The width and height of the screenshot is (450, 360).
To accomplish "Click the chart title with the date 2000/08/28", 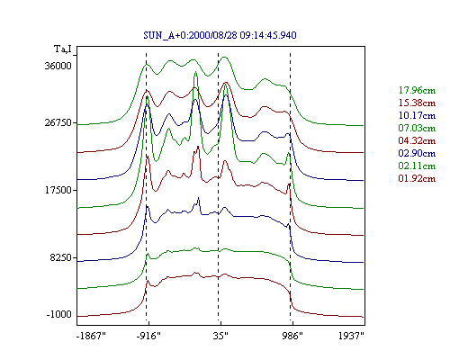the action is [x=220, y=35].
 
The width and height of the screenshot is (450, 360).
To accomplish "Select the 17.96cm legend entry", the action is [x=417, y=90].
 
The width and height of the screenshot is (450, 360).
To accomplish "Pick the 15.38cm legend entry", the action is [x=417, y=103].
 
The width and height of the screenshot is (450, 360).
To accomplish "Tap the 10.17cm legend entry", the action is [x=417, y=115].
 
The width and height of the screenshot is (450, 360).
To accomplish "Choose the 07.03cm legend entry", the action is [x=417, y=128].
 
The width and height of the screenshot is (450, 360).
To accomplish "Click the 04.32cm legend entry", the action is [x=417, y=140].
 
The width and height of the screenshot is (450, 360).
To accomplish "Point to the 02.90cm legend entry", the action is [x=417, y=153].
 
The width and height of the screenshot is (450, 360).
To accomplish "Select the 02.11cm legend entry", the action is [x=417, y=166].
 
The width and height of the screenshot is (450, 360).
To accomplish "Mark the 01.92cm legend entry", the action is [x=417, y=178].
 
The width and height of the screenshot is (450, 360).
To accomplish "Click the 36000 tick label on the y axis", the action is [x=58, y=66].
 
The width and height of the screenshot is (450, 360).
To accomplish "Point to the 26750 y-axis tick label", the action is [x=58, y=123].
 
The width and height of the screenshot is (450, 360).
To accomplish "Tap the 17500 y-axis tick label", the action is [x=58, y=190].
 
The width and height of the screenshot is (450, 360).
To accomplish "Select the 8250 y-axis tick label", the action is [x=61, y=257].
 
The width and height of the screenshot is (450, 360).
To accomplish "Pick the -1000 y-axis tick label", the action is [x=59, y=315].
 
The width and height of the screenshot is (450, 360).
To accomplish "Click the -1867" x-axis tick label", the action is [x=91, y=336].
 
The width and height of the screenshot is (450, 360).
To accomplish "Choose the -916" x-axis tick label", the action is [x=148, y=336].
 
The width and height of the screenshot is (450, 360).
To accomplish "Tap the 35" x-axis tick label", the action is [x=220, y=336].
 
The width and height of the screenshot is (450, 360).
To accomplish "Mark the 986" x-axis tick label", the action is [x=292, y=336].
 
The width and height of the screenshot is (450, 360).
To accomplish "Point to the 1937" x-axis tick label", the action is [x=351, y=336].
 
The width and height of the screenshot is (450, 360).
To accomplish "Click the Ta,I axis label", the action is [x=63, y=49].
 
